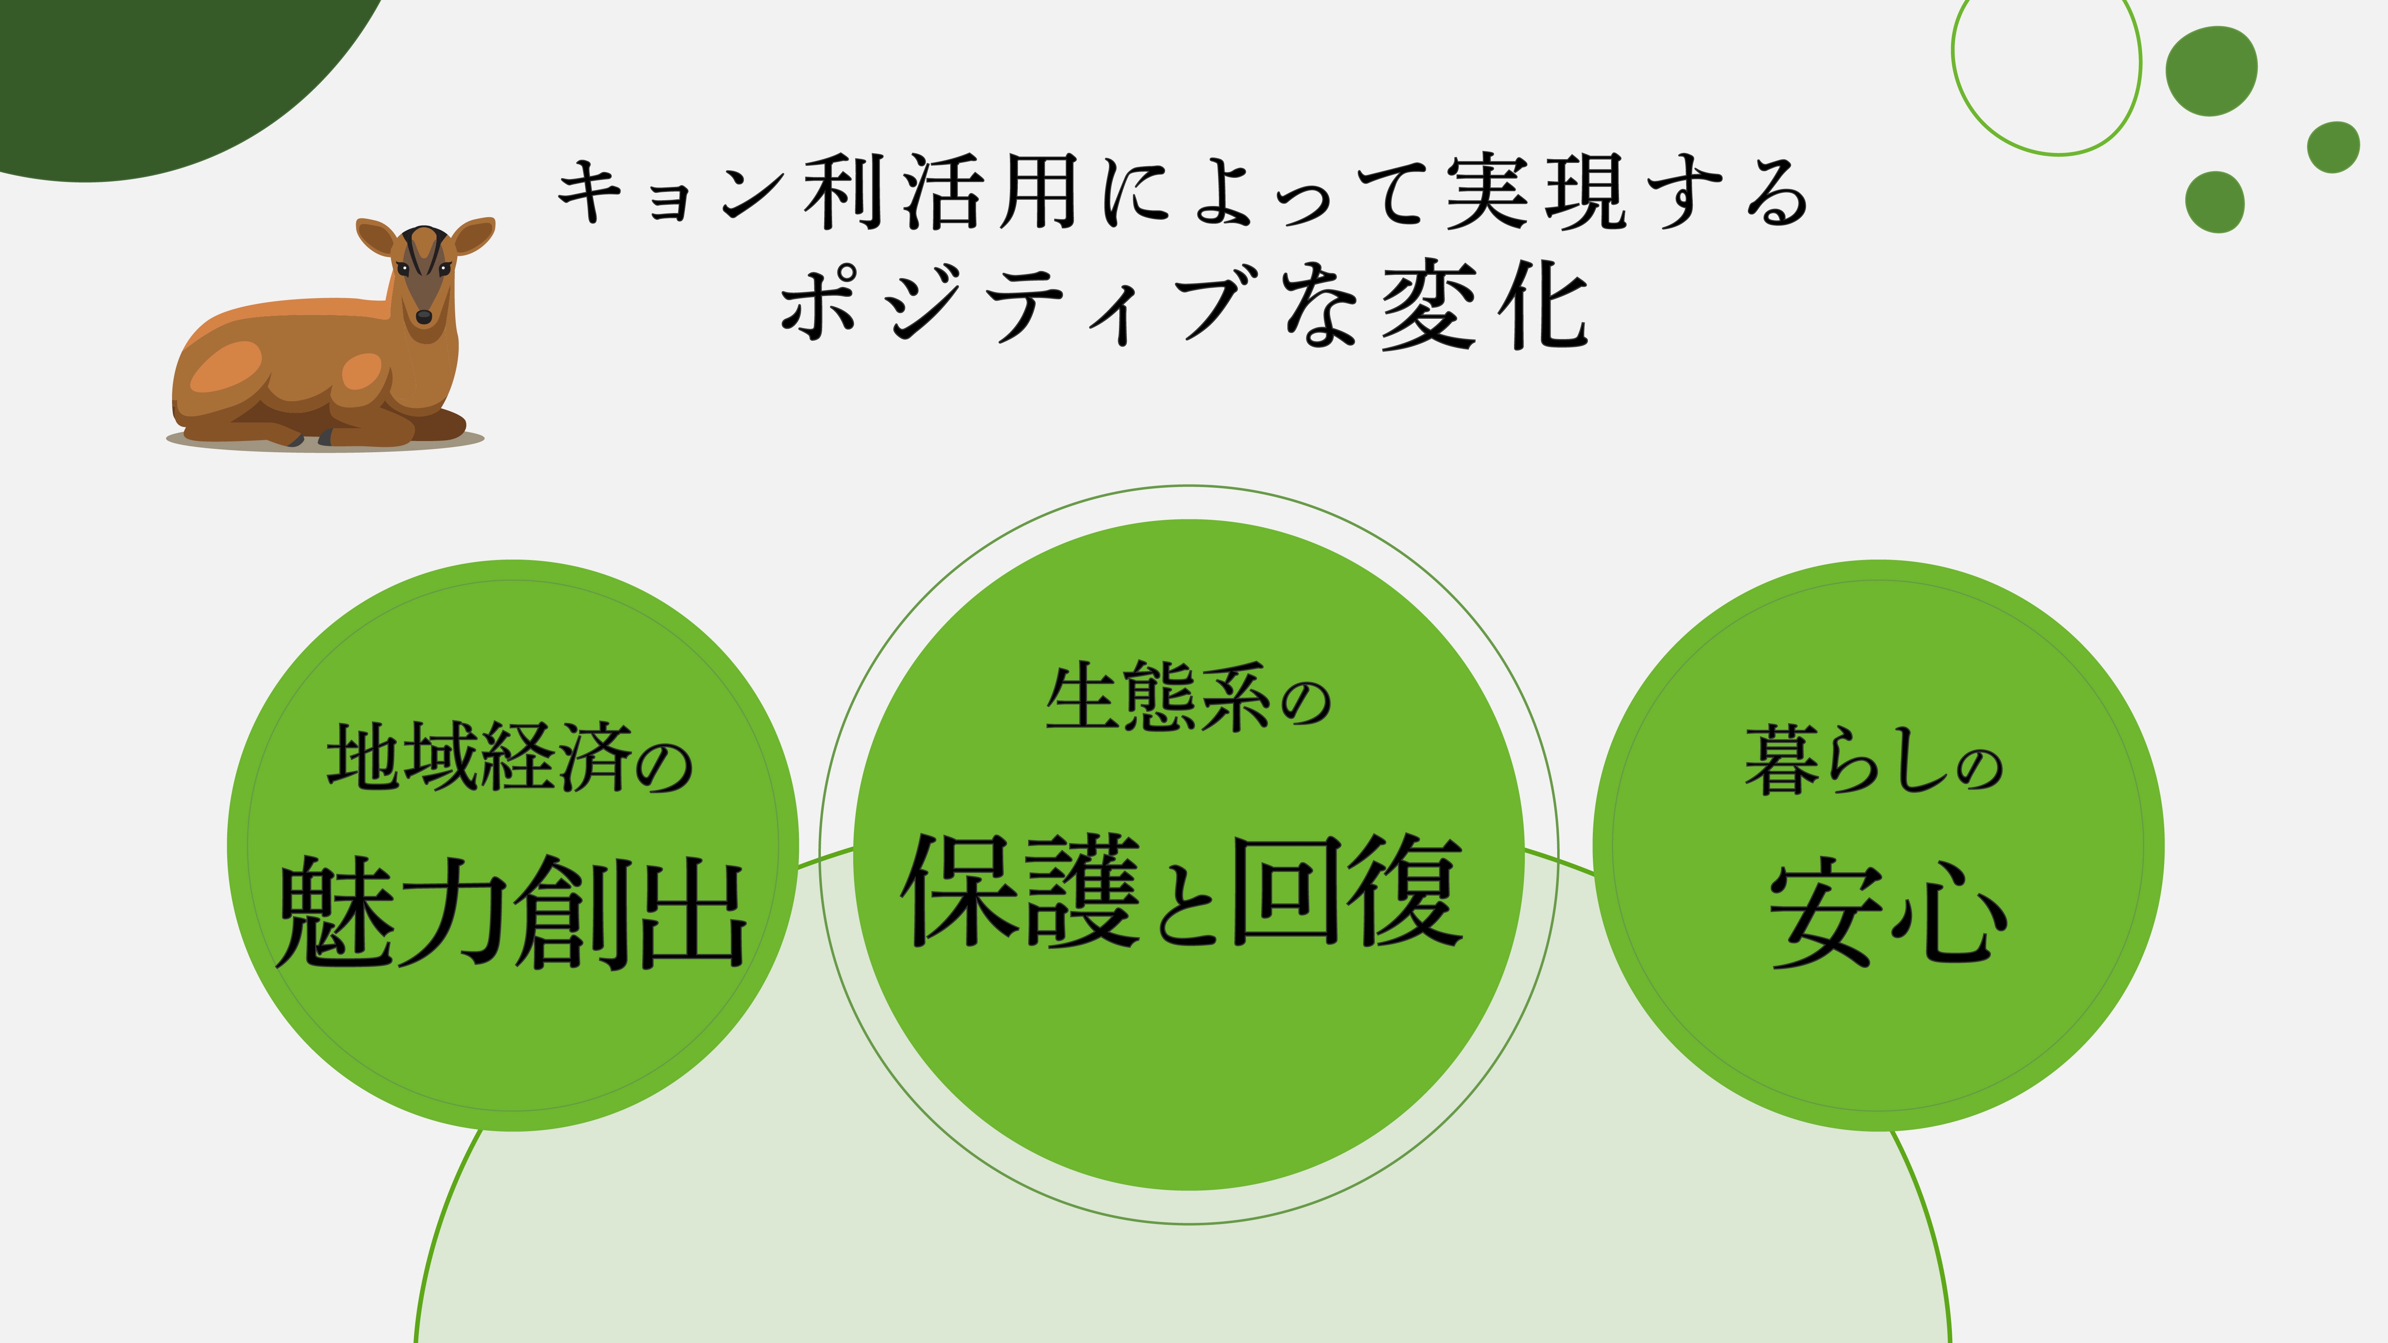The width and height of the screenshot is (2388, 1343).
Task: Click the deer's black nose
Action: point(424,316)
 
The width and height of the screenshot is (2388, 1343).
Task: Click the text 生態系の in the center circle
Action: point(1189,697)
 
